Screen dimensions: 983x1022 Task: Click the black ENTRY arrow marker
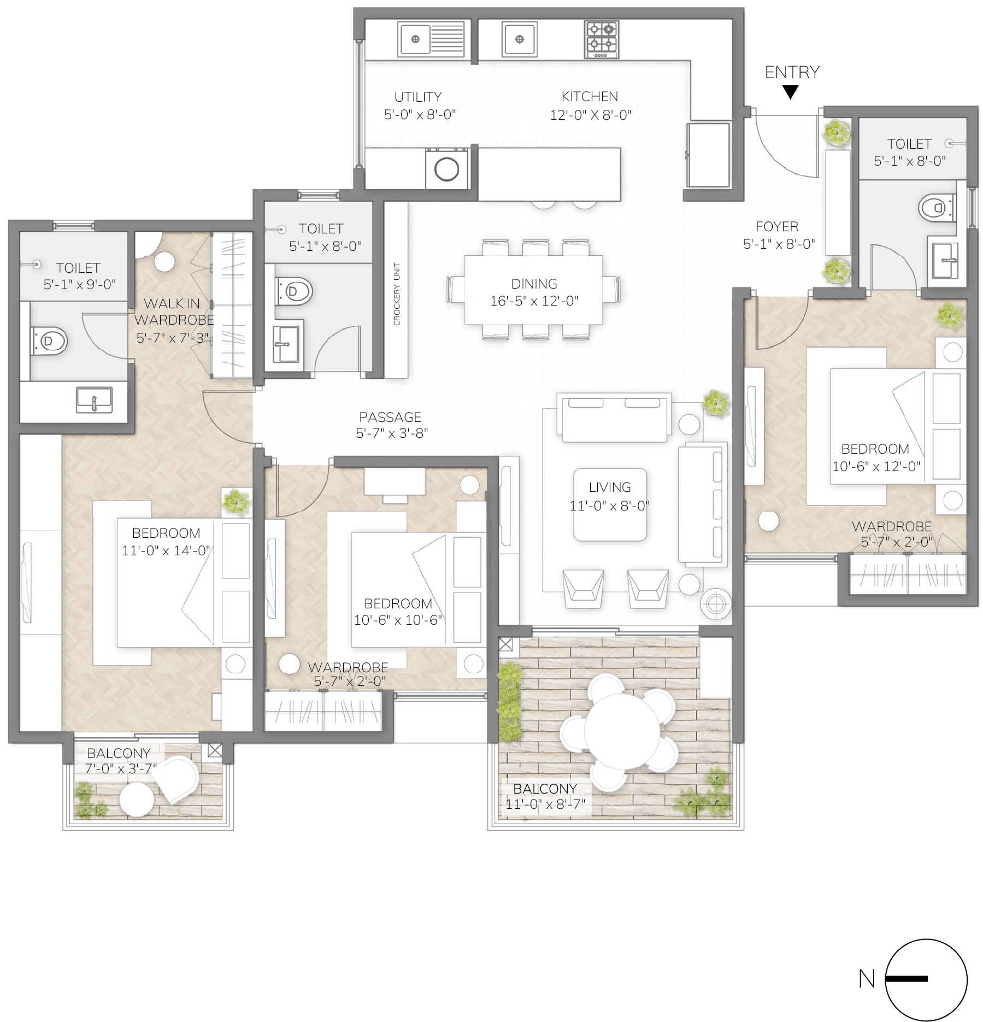pyautogui.click(x=790, y=92)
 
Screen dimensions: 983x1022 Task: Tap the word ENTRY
pyautogui.click(x=792, y=72)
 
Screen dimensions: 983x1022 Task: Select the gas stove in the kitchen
pyautogui.click(x=601, y=39)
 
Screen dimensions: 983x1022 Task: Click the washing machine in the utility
pyautogui.click(x=446, y=169)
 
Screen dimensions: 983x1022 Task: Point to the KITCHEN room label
pyautogui.click(x=590, y=97)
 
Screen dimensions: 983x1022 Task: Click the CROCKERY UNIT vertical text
pyautogui.click(x=397, y=294)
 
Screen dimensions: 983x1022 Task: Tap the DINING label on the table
pyautogui.click(x=534, y=284)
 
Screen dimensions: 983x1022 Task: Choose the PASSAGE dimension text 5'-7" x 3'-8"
pyautogui.click(x=392, y=433)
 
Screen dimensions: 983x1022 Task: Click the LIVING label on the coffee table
pyautogui.click(x=610, y=487)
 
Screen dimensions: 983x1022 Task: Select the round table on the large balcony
pyautogui.click(x=622, y=731)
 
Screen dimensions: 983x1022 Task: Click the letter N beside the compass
pyautogui.click(x=867, y=978)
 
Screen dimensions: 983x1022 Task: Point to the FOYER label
pyautogui.click(x=777, y=227)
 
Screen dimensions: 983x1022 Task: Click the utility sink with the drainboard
pyautogui.click(x=432, y=39)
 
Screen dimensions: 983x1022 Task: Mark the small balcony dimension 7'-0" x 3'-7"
pyautogui.click(x=121, y=768)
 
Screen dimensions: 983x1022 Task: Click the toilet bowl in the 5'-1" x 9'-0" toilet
pyautogui.click(x=49, y=341)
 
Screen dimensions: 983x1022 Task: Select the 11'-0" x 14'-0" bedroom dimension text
pyautogui.click(x=166, y=550)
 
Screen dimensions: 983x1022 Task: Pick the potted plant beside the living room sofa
pyautogui.click(x=716, y=403)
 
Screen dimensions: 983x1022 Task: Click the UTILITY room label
pyautogui.click(x=418, y=97)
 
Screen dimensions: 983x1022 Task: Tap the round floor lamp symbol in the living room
pyautogui.click(x=715, y=604)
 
